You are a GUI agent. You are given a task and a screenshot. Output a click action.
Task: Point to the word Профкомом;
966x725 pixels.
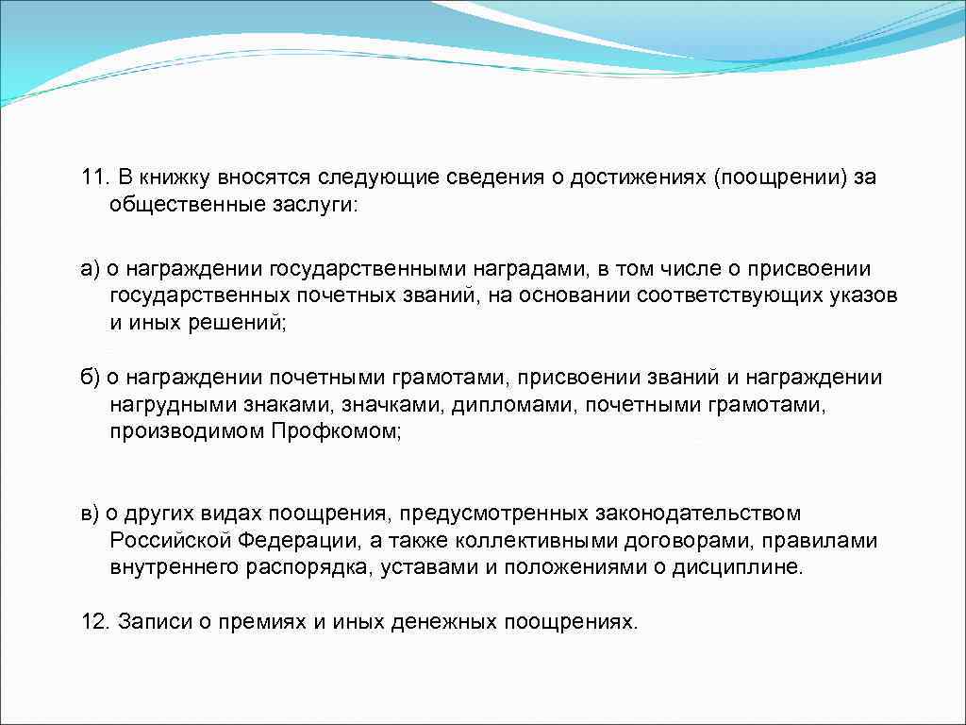(337, 431)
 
